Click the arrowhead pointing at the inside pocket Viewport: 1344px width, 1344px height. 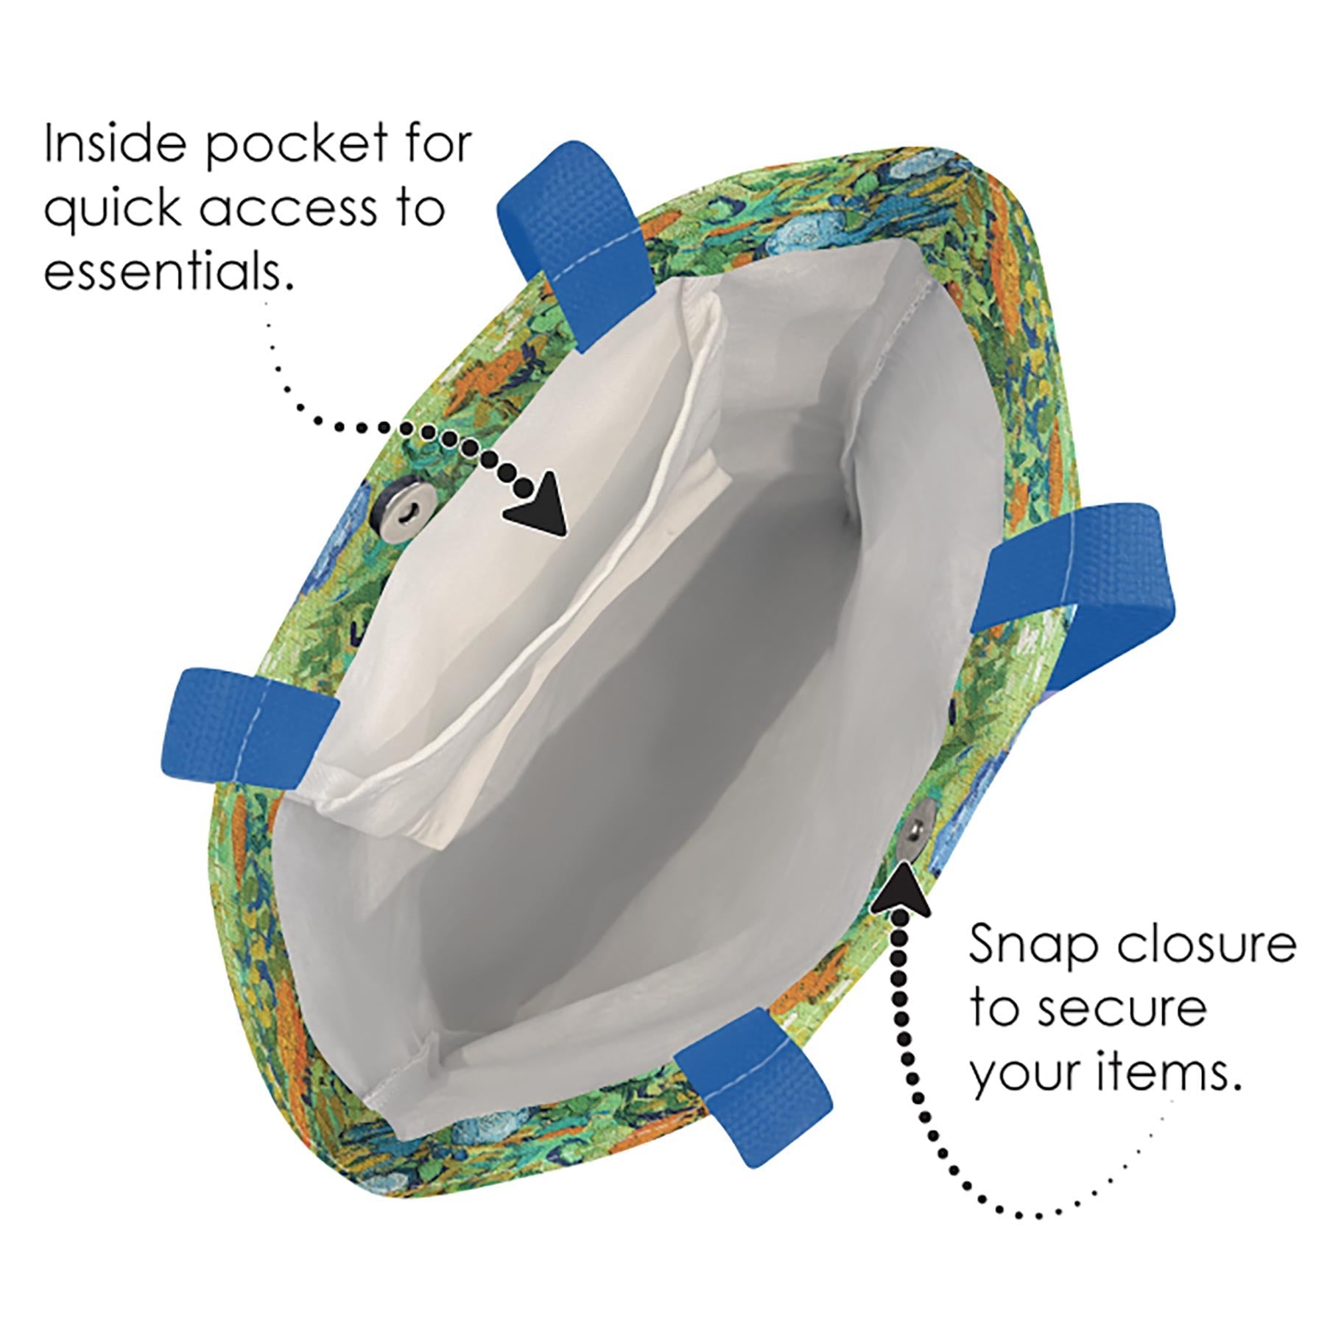point(538,506)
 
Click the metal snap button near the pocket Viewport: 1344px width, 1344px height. point(401,502)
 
